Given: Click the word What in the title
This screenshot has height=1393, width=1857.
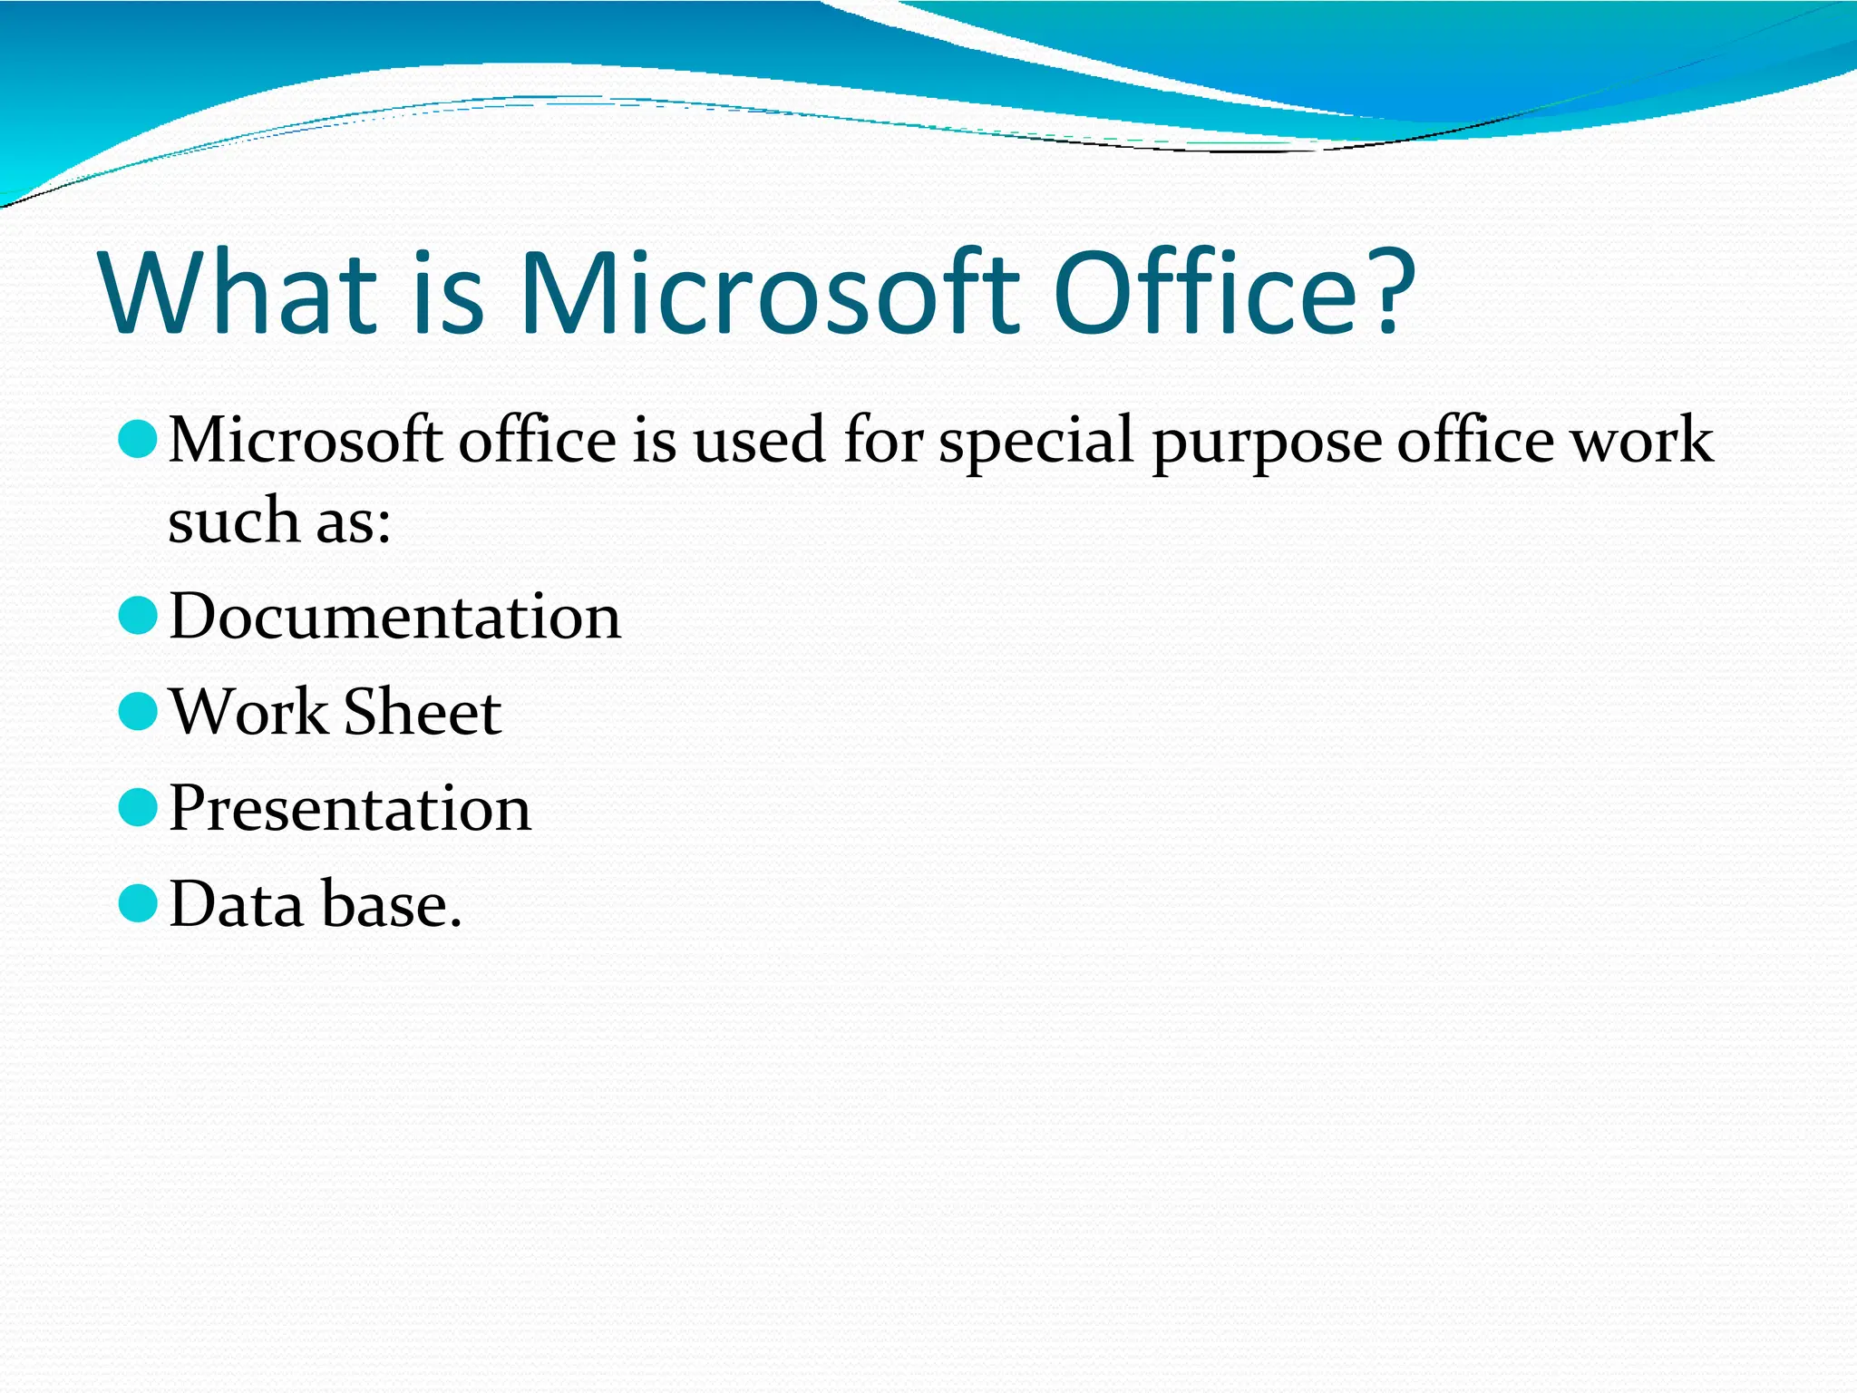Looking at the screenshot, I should point(238,293).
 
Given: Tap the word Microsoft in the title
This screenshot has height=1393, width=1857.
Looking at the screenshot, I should point(767,293).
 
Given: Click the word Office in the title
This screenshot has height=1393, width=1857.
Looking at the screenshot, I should point(1204,293).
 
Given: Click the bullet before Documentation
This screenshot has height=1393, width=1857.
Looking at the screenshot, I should point(139,616).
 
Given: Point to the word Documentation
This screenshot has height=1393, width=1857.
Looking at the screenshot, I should point(395,618).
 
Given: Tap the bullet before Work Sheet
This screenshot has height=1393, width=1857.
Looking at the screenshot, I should point(139,712).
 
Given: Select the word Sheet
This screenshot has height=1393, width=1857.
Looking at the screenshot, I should point(422,713).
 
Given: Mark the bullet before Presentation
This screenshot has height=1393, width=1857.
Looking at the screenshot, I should point(139,807).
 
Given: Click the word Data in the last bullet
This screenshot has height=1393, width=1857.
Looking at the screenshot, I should point(237,905).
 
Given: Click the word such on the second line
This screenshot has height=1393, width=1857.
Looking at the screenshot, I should point(234,522).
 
